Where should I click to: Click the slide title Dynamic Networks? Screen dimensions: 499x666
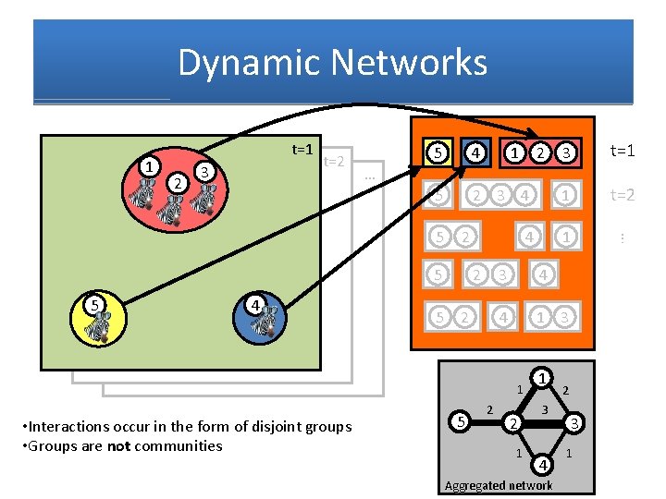click(x=332, y=63)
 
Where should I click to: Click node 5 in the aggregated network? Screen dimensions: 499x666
click(x=461, y=423)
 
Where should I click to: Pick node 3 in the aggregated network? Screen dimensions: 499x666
click(x=574, y=423)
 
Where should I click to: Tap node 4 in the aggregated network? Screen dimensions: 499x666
click(x=543, y=462)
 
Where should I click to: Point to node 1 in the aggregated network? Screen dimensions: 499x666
click(x=544, y=377)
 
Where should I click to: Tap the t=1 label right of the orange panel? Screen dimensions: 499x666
click(x=622, y=151)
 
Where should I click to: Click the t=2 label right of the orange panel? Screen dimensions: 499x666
click(x=622, y=195)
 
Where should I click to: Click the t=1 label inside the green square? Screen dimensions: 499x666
click(x=302, y=149)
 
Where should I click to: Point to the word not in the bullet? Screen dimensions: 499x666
click(x=118, y=445)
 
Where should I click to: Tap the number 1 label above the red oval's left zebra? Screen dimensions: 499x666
click(x=146, y=165)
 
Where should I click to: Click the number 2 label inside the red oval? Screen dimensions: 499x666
click(x=176, y=182)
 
